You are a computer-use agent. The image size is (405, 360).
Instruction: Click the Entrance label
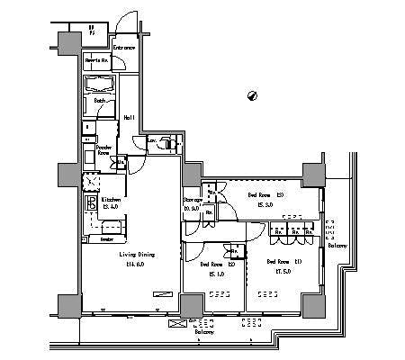pyautogui.click(x=124, y=48)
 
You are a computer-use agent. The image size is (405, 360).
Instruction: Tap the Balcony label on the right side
pyautogui.click(x=337, y=244)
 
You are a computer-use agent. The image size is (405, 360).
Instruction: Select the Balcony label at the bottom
pyautogui.click(x=205, y=332)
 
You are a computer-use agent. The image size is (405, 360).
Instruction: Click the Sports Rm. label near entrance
pyautogui.click(x=97, y=60)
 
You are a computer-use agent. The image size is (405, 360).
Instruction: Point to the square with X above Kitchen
pyautogui.click(x=91, y=181)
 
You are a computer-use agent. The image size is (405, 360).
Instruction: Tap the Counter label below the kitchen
pyautogui.click(x=106, y=239)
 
